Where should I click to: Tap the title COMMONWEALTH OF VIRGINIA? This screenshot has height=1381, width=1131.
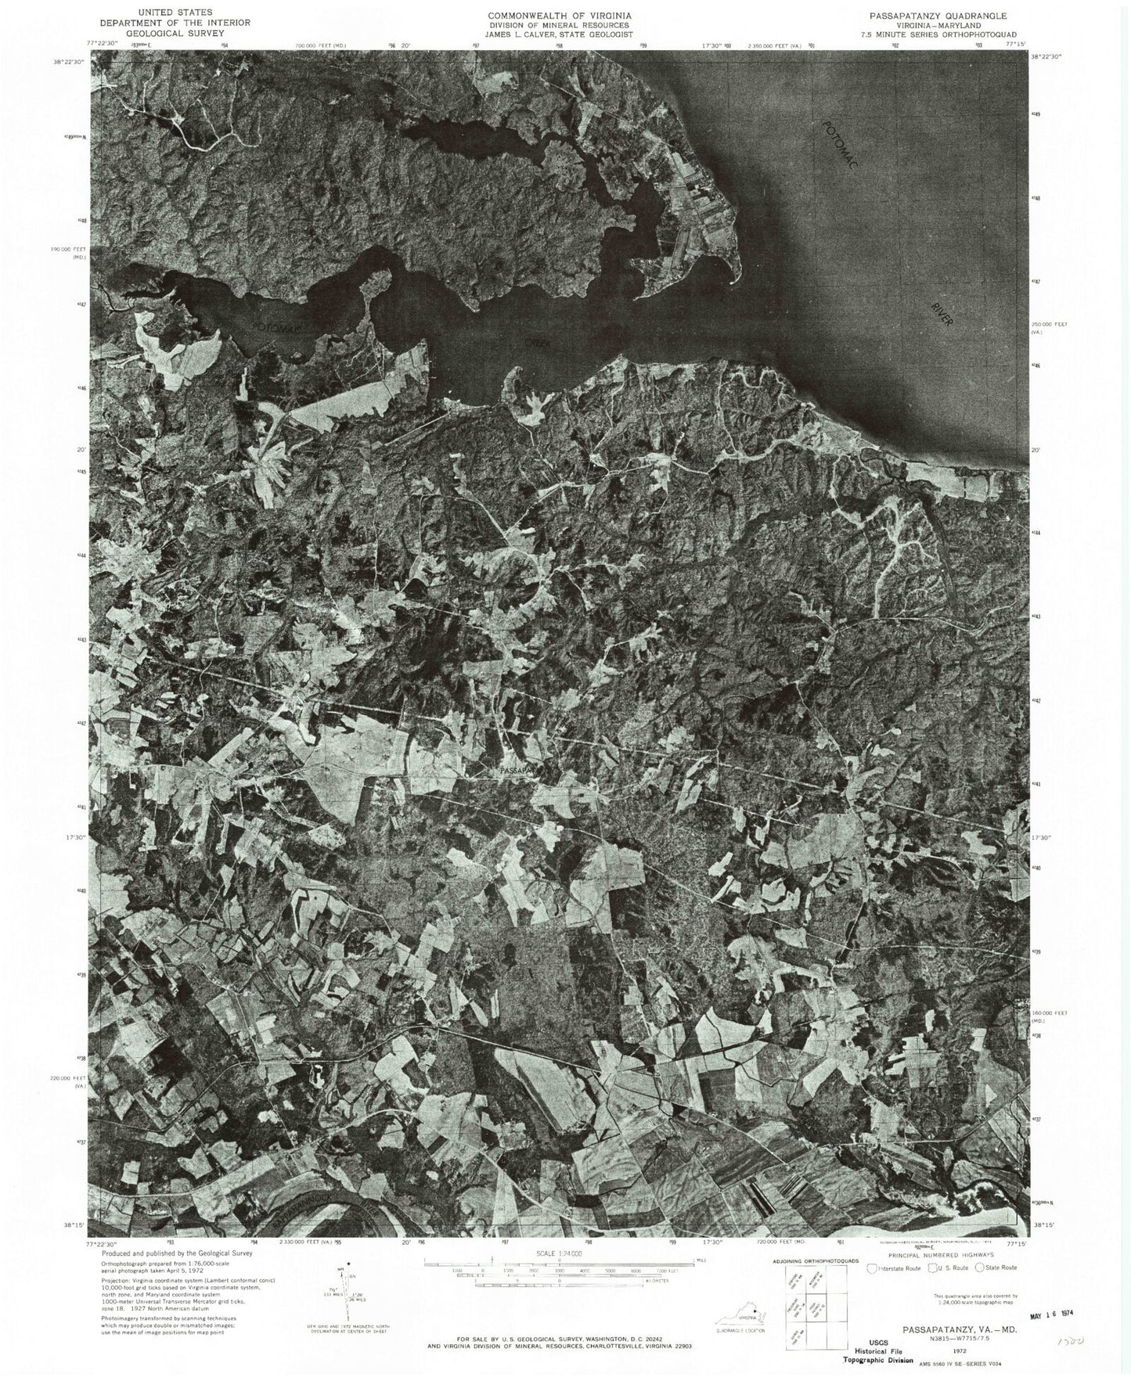click(x=560, y=16)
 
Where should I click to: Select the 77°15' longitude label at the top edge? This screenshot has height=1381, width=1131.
click(x=1015, y=45)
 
